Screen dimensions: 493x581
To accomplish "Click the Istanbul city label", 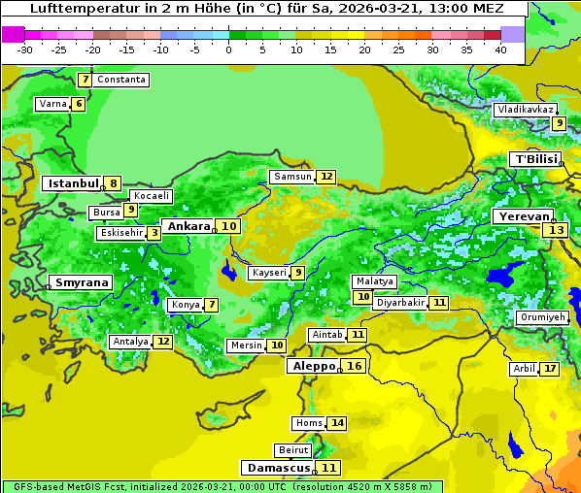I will click(73, 183).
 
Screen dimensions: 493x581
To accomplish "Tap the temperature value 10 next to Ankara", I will click(228, 226).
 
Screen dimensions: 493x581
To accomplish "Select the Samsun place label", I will click(292, 177).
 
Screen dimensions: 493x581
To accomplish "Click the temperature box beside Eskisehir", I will click(154, 233).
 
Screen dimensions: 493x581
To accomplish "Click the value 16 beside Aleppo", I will click(355, 366).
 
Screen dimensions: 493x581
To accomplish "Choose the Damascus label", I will click(278, 468).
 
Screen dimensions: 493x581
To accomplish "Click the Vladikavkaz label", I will click(525, 110).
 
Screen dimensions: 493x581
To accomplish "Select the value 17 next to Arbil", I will click(550, 369).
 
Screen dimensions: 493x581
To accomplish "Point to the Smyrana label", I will click(81, 283).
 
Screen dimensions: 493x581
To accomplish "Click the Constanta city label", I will click(122, 80).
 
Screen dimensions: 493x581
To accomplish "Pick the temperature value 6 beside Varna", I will click(79, 104).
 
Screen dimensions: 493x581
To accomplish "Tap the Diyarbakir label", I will click(400, 303).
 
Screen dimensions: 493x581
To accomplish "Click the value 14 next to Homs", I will click(337, 423).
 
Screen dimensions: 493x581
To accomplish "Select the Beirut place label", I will click(293, 450).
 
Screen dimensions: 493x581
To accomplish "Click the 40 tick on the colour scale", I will click(500, 49).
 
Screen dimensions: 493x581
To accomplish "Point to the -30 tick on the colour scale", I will click(25, 49).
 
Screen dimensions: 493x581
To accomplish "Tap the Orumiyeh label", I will click(542, 317).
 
